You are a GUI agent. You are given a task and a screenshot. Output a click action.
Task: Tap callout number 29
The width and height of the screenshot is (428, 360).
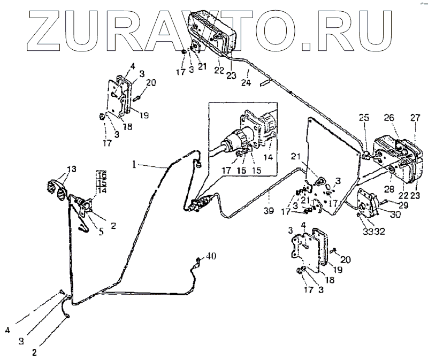point(402,206)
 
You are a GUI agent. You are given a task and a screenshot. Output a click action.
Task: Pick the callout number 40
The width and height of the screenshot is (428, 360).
point(211,257)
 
